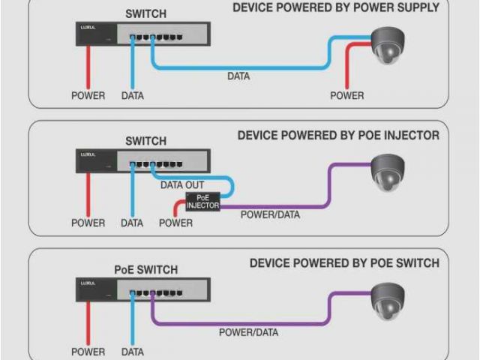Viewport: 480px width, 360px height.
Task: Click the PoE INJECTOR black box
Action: coord(202,200)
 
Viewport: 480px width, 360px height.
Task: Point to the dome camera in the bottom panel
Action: coord(388,299)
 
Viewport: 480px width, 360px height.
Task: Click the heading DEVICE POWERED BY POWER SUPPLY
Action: coord(336,8)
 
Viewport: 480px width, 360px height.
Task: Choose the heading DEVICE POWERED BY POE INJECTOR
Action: coord(338,136)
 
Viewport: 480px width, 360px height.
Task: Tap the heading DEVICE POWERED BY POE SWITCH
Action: coord(344,263)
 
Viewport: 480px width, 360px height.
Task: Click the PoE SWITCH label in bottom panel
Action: coord(146,269)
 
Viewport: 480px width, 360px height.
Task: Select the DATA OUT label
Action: coord(182,184)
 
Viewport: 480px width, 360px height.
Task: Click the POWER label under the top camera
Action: coord(347,95)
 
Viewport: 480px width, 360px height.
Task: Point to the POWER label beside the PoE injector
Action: coord(176,223)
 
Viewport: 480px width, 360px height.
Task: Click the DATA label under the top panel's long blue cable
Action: coord(238,76)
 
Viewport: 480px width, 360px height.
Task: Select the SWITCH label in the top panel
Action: coord(146,14)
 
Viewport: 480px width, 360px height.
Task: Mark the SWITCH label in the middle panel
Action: coord(146,141)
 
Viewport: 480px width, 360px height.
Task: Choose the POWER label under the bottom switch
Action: coord(88,351)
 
